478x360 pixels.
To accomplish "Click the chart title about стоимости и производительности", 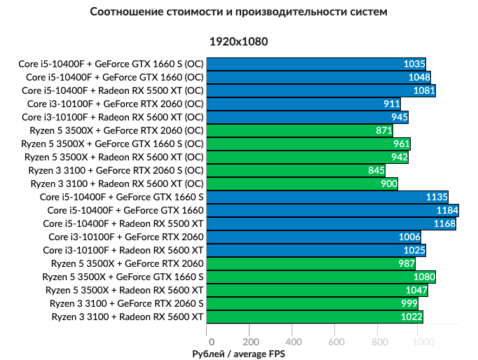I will (x=238, y=12).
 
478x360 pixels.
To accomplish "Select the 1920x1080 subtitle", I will (x=238, y=42).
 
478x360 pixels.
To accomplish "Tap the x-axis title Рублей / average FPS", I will (x=238, y=354).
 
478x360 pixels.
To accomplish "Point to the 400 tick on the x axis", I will (x=293, y=342).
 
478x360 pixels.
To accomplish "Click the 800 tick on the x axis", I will (x=379, y=342).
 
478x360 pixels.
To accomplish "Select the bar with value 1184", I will (x=333, y=210).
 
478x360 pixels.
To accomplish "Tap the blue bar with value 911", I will (x=303, y=104).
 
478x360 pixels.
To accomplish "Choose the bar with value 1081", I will (x=322, y=90).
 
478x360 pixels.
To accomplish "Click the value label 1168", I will (x=444, y=223).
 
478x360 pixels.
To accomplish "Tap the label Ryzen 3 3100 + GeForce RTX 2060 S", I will (x=127, y=303).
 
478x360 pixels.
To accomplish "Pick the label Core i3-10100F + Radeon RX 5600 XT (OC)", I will (x=113, y=117).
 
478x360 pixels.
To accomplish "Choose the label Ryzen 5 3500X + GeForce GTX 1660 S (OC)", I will (x=114, y=144).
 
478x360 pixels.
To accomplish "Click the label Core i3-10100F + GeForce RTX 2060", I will (x=123, y=237).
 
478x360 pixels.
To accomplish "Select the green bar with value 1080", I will (x=322, y=277).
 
